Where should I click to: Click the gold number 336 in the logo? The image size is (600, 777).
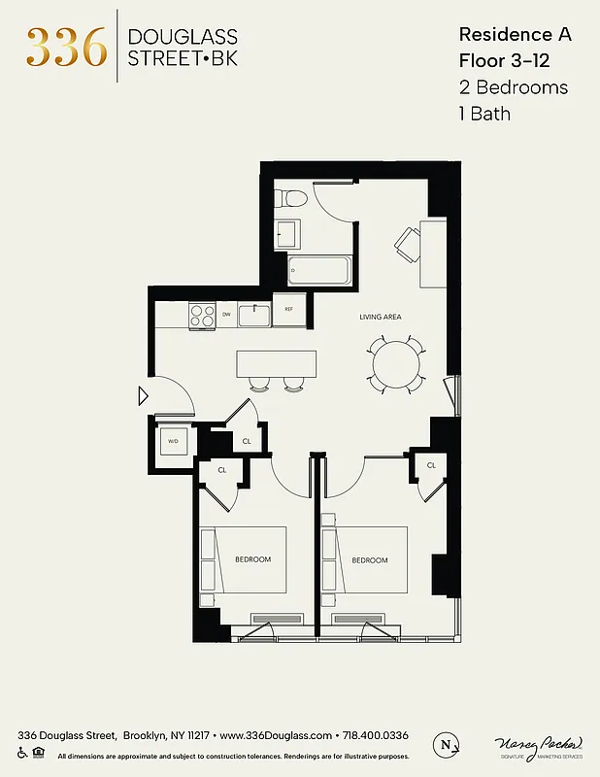point(66,46)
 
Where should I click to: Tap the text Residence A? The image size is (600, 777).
point(515,34)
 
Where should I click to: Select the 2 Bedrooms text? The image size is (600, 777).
point(514,86)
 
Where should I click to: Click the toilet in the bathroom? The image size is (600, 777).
point(291,200)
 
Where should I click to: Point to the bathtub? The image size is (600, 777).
point(318,269)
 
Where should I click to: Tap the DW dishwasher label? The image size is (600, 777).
point(226,314)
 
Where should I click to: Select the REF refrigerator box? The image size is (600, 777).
point(288,310)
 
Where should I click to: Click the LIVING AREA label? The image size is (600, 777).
point(381,317)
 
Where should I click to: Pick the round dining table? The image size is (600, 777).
point(397,363)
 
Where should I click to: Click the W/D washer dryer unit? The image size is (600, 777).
point(174,441)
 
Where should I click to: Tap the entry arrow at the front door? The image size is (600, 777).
point(143,395)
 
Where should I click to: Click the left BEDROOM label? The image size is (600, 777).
point(252,559)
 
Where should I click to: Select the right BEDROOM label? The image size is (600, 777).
point(369,560)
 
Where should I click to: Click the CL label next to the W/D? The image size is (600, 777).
point(247,441)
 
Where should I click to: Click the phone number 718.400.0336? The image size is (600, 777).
point(374,735)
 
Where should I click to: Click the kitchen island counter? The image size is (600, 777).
point(276,363)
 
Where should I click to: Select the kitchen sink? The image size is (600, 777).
point(254,314)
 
